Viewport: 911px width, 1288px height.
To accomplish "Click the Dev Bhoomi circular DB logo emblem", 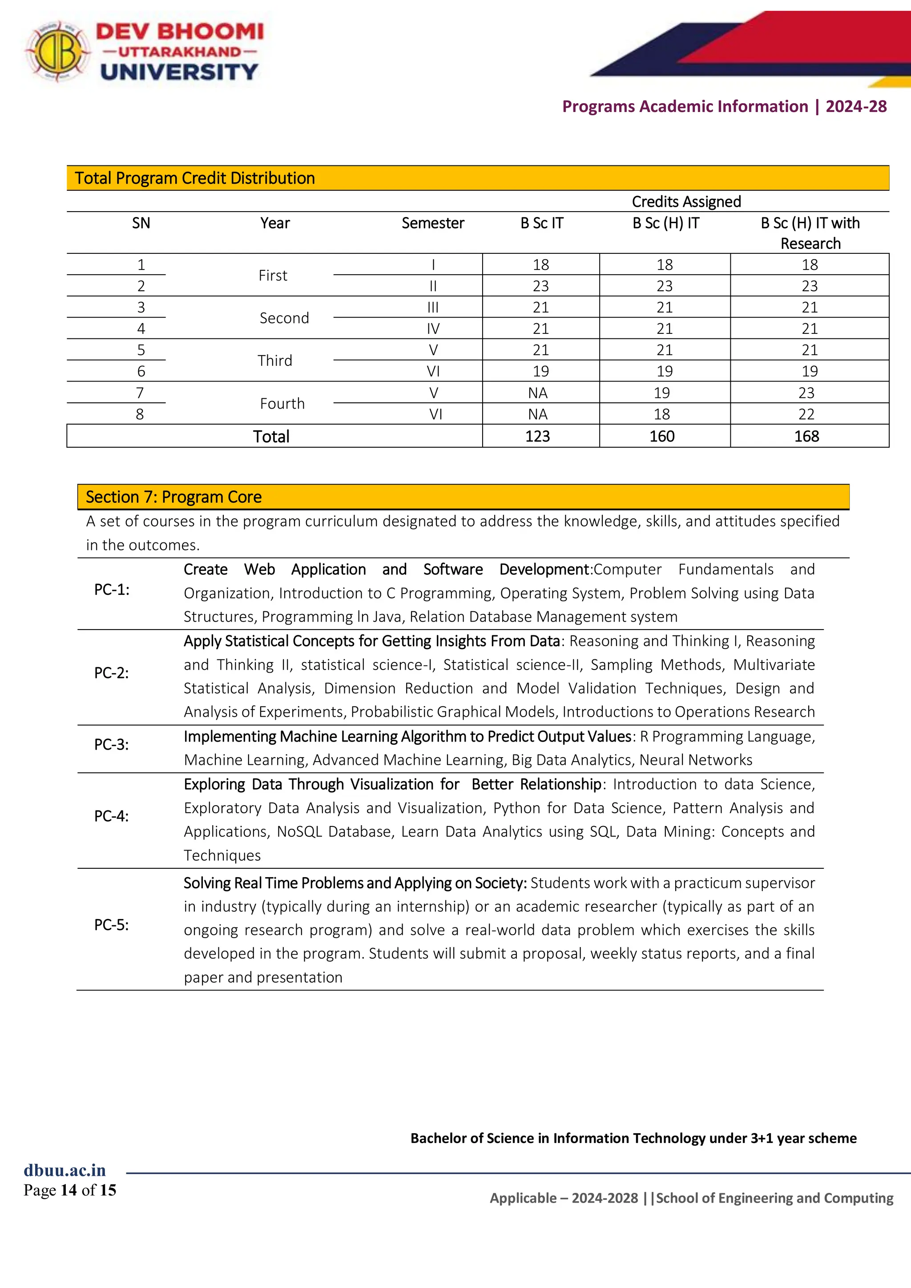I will click(57, 52).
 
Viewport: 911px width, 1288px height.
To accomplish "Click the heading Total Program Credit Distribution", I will click(194, 178).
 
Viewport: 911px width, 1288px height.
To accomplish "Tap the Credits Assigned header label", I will click(686, 201).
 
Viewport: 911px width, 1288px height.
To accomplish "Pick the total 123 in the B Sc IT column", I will click(537, 437).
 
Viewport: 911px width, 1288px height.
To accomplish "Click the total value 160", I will click(662, 437).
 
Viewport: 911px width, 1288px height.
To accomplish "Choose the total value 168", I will click(806, 437).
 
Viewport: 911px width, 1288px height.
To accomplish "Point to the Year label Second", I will click(284, 318).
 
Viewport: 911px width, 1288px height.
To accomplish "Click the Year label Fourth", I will click(282, 403).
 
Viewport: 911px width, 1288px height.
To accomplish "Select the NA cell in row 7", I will click(537, 393).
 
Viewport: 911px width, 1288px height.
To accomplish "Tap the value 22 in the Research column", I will click(806, 414).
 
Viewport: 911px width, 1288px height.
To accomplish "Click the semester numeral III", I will click(433, 307).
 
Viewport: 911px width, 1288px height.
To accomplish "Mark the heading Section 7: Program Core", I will click(173, 497).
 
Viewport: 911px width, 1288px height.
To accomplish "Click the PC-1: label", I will click(112, 590).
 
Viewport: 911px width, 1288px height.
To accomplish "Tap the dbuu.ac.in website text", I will click(64, 1170).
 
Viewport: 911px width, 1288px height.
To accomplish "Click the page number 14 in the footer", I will click(69, 1190).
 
